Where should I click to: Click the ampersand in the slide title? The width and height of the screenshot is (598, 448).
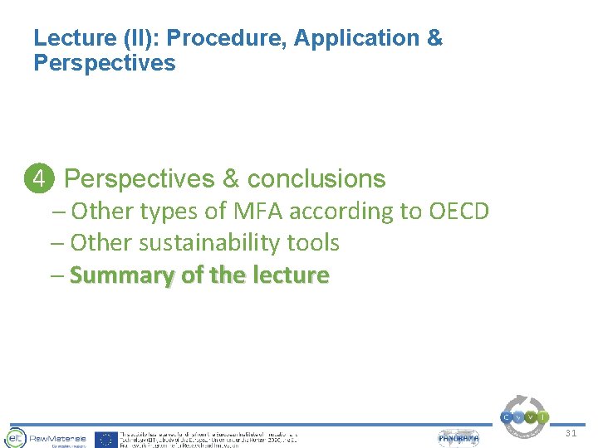434,38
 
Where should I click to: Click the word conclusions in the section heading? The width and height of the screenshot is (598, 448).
316,179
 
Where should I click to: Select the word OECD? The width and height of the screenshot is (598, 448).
458,212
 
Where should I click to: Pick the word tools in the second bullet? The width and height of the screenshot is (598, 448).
312,243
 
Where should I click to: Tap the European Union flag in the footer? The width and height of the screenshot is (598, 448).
105,439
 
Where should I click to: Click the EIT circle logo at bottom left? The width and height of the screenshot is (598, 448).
15,438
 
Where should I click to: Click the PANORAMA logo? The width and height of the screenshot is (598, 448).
458,438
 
